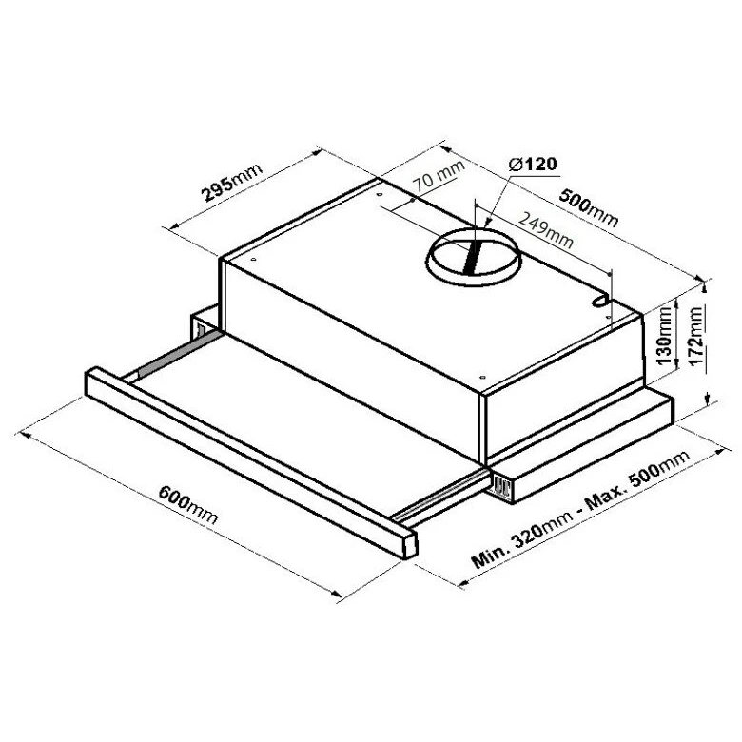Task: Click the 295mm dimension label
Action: point(232,183)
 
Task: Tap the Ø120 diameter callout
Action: point(532,165)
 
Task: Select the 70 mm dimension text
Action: point(439,175)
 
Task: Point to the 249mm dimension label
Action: point(546,230)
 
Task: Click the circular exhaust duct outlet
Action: point(473,257)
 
